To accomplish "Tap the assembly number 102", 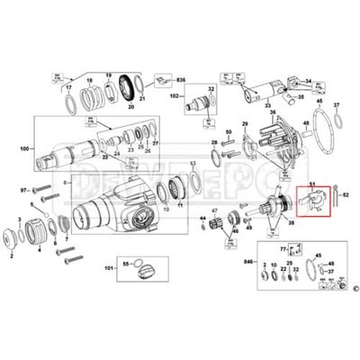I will click(176, 96).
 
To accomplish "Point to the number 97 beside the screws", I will click(24, 190).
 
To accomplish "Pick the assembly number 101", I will click(110, 267).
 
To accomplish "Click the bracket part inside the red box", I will click(314, 205).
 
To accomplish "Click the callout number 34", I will click(308, 81).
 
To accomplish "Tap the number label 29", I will click(244, 123).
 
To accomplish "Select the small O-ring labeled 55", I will click(127, 265).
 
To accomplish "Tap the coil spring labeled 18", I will click(91, 94).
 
